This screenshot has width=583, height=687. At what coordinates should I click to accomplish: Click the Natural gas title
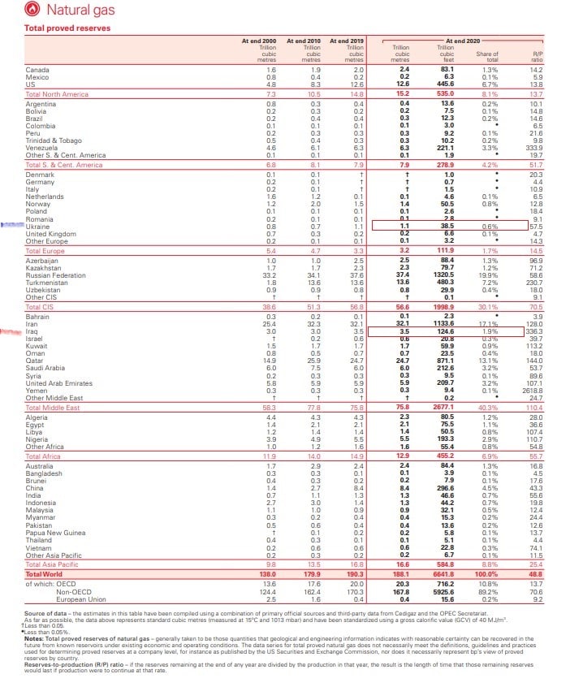tap(82, 11)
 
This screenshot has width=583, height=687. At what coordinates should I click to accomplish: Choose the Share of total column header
tap(487, 55)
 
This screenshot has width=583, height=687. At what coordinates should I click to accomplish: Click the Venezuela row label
tap(41, 149)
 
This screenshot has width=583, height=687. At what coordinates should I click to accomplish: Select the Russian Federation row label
tap(55, 274)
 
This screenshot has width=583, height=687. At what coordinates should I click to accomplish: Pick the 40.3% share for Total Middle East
tap(488, 406)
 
